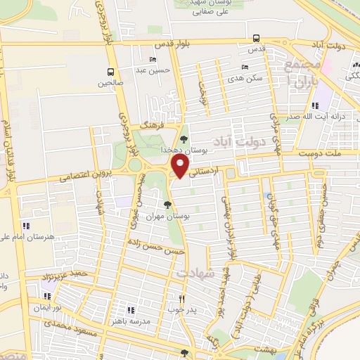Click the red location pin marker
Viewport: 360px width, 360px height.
click(x=181, y=167)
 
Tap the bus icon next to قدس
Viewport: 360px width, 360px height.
click(x=256, y=39)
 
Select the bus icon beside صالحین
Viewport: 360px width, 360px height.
click(x=110, y=72)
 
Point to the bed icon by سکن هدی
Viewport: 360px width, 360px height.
click(x=245, y=67)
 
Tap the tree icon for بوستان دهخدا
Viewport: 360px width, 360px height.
click(x=184, y=139)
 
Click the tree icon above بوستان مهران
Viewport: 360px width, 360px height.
click(x=167, y=205)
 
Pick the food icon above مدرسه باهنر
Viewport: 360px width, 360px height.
click(x=130, y=309)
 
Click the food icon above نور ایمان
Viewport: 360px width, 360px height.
click(x=48, y=297)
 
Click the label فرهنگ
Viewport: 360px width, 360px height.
click(x=152, y=124)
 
